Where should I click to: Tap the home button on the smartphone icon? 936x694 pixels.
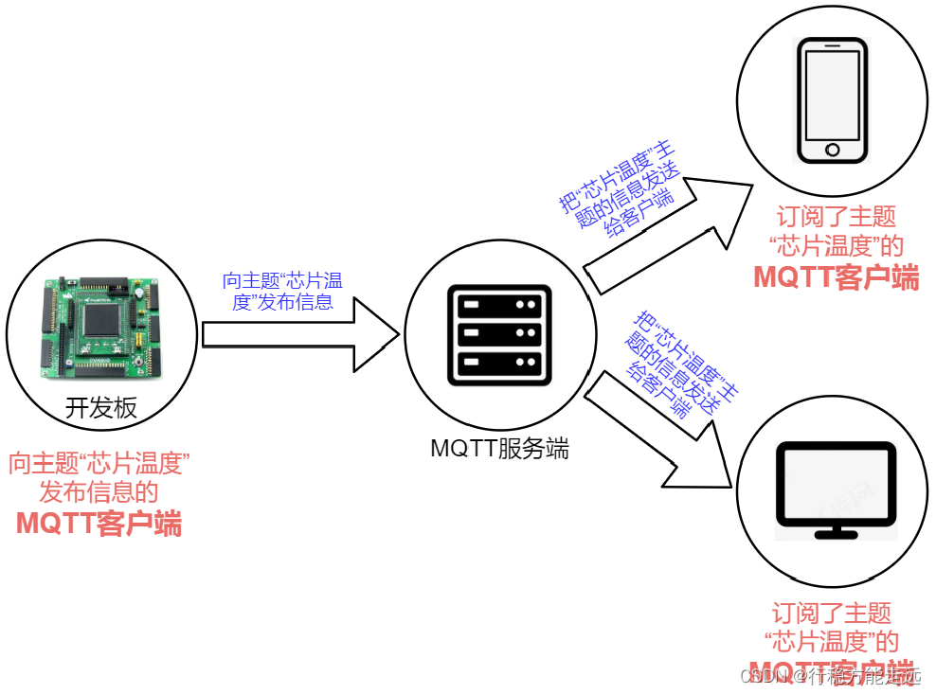[833, 150]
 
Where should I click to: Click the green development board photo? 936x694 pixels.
[99, 327]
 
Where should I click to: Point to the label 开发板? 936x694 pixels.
[100, 408]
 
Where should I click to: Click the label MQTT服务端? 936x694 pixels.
[499, 449]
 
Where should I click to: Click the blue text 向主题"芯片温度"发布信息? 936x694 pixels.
[281, 291]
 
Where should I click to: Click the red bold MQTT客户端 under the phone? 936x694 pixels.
[836, 277]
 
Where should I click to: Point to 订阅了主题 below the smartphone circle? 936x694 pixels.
[836, 217]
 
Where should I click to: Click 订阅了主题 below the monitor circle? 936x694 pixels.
[831, 613]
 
